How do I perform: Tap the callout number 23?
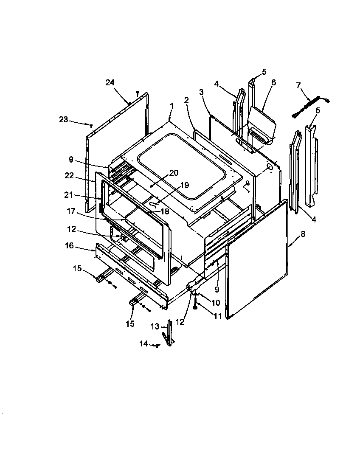pos(63,120)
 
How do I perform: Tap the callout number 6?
pos(273,82)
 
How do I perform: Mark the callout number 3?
pos(201,92)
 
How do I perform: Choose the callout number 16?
pos(69,246)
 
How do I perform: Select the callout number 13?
pos(154,326)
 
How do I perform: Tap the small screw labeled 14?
pos(157,346)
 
